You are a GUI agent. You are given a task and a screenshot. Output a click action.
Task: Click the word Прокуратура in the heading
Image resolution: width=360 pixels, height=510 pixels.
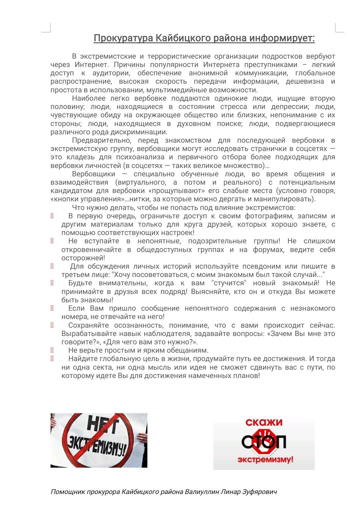[x=123, y=38]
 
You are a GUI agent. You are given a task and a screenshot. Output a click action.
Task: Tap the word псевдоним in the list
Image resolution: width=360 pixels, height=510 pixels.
[x=238, y=266]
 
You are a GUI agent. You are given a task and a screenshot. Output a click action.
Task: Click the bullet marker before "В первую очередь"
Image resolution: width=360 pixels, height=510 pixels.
[x=52, y=216]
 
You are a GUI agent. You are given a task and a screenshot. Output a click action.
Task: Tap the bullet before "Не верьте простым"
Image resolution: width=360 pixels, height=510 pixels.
[x=52, y=350]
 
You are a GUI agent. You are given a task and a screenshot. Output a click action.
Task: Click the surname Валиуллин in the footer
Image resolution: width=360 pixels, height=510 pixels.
[x=202, y=492]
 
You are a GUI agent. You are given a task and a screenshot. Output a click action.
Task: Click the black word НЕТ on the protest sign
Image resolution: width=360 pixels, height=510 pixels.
[x=103, y=425]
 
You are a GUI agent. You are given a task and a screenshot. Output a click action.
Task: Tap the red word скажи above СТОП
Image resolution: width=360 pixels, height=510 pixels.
[x=264, y=423]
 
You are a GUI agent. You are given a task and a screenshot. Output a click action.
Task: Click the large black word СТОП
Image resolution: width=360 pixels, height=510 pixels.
[x=264, y=442]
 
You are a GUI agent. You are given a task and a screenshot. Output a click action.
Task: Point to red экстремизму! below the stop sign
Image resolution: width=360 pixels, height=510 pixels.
[x=265, y=460]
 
